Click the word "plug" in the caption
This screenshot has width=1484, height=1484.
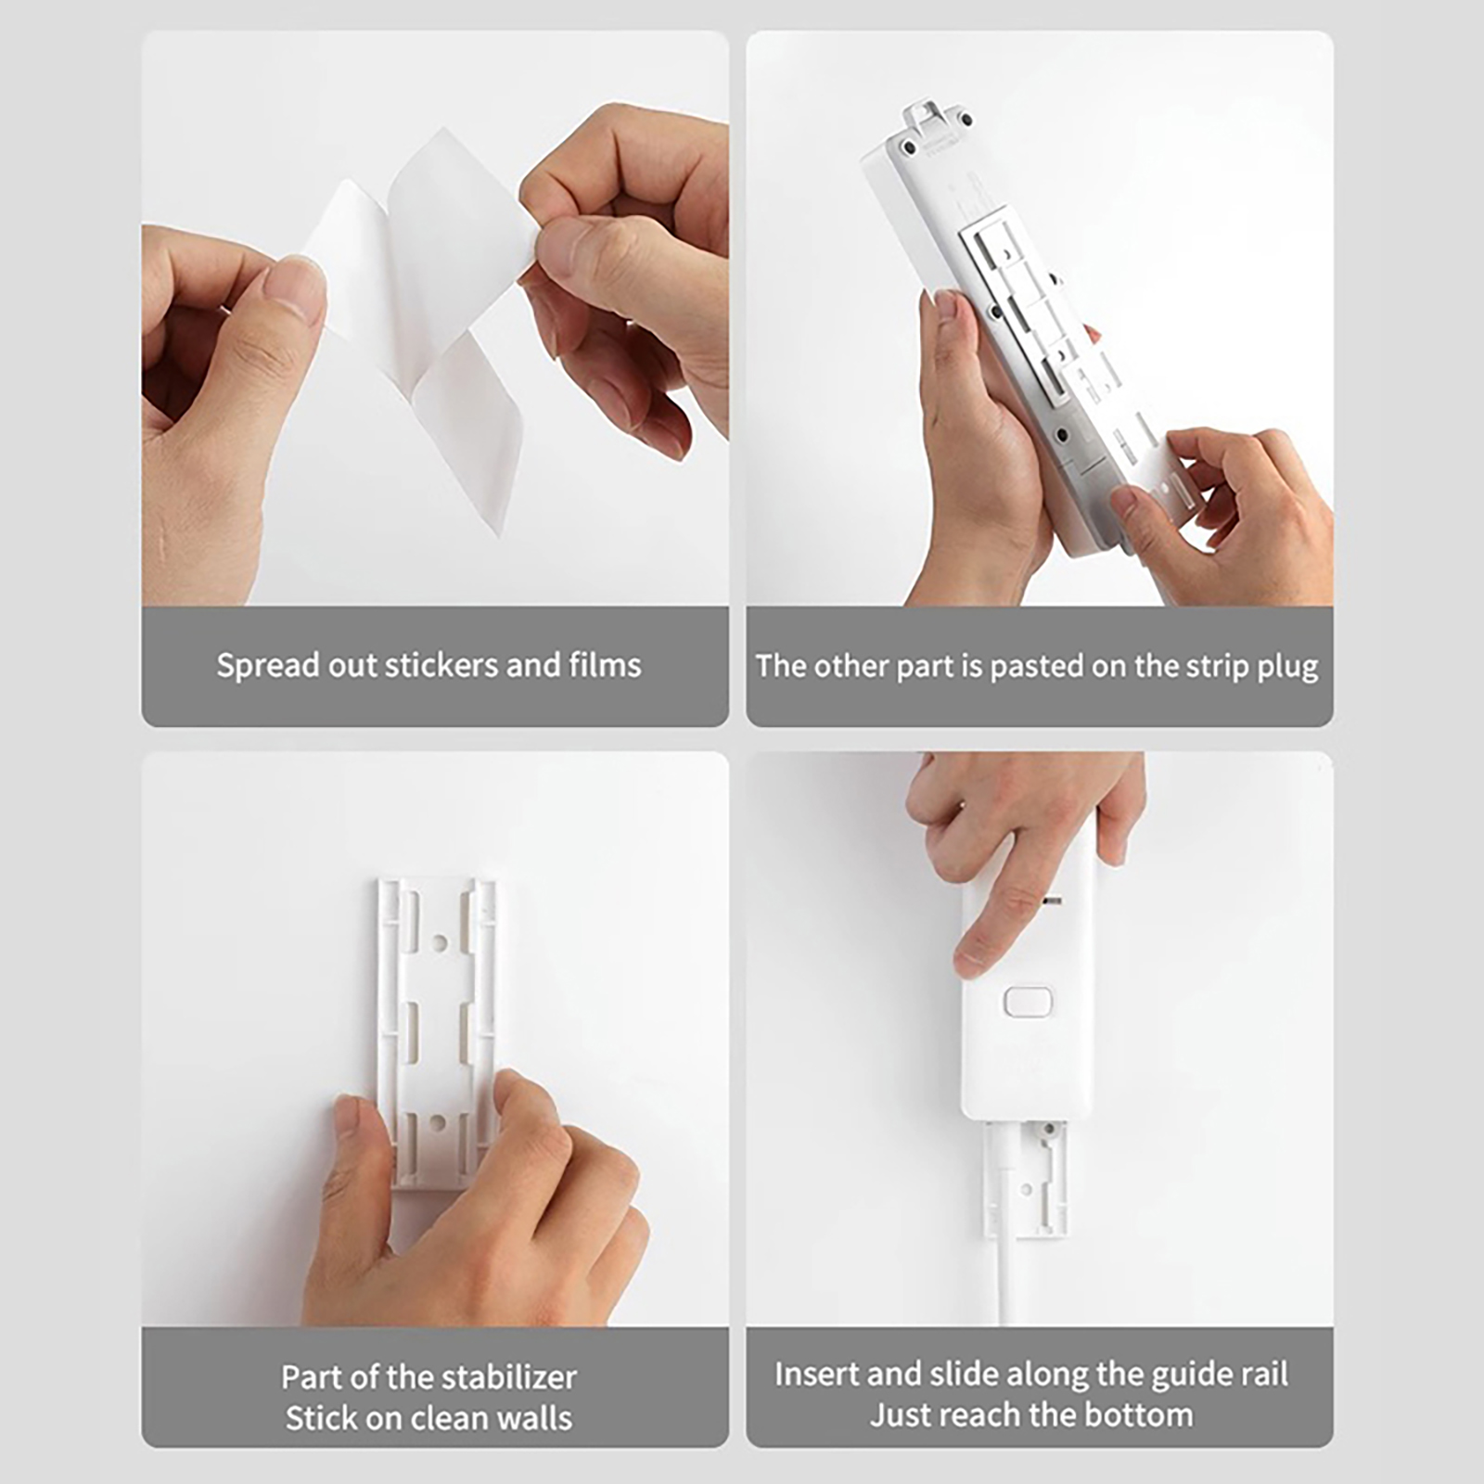click(x=1288, y=667)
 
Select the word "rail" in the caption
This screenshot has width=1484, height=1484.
click(x=1262, y=1374)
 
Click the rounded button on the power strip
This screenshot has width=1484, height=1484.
click(x=1028, y=1003)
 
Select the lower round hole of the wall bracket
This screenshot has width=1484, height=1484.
click(x=440, y=1123)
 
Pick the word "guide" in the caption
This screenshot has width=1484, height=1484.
click(x=1191, y=1375)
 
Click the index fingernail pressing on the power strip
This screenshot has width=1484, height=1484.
click(x=970, y=958)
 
